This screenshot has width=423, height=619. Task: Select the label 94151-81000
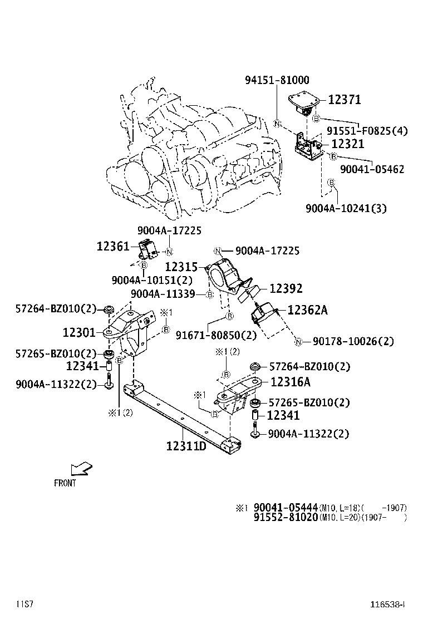(x=277, y=81)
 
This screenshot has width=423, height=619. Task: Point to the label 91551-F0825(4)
(x=367, y=131)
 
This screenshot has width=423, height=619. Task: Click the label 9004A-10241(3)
(x=346, y=209)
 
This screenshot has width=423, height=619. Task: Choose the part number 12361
(x=113, y=246)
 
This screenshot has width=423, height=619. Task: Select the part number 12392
(x=286, y=288)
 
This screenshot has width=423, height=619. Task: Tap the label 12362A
(x=307, y=311)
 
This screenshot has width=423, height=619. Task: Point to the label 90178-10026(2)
(x=353, y=341)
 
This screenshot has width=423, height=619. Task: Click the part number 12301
(x=80, y=332)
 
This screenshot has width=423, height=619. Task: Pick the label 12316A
(x=291, y=382)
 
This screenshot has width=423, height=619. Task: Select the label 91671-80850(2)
(x=208, y=335)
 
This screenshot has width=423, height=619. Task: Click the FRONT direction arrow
(x=81, y=469)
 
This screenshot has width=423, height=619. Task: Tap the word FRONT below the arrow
(x=65, y=483)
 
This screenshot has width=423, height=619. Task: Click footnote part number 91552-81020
(x=286, y=517)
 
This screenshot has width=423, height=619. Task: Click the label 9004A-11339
(x=163, y=293)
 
